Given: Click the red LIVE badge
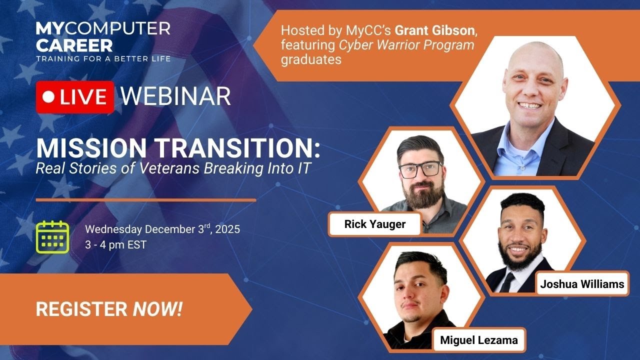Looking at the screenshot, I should [x=74, y=97].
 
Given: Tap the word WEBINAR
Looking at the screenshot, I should [x=175, y=96].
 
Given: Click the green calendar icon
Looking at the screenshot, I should [x=52, y=236].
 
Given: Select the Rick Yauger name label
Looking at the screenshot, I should [x=374, y=224].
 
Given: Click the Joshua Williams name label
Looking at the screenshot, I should [x=582, y=284].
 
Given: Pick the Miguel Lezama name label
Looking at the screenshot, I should [x=479, y=341].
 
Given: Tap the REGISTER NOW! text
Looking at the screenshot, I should [x=109, y=309].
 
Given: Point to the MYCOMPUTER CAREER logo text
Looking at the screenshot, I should [x=102, y=37].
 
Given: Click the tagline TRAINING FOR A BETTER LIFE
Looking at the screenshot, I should [x=102, y=58].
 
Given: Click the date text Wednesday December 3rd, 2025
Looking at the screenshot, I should [x=162, y=229].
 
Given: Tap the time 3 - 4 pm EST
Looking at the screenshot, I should [x=115, y=245].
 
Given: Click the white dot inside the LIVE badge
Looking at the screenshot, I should [x=48, y=97].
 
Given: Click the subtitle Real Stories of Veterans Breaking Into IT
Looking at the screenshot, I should [x=173, y=168].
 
